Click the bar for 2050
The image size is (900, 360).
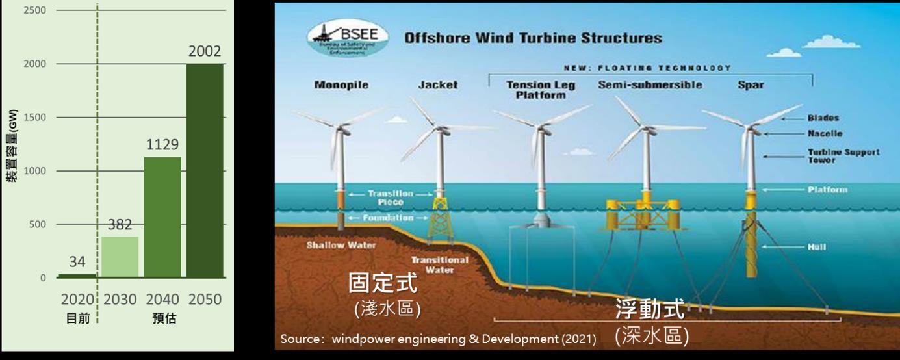click(205, 171)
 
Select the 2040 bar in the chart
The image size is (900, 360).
click(162, 217)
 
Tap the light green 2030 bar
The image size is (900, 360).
click(120, 257)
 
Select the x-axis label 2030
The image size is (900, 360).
click(120, 300)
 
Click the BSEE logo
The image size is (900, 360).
click(350, 40)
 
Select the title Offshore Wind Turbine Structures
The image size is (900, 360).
click(533, 38)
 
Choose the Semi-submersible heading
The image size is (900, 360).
click(649, 85)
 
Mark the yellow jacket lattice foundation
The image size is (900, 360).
click(440, 218)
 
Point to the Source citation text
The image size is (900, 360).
click(438, 339)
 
